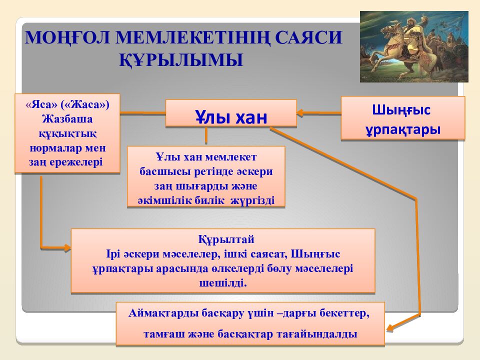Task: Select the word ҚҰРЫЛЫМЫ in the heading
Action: [181, 59]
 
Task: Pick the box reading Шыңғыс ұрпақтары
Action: [402, 118]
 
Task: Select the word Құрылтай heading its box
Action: [223, 239]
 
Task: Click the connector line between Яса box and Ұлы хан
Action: [142, 112]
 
